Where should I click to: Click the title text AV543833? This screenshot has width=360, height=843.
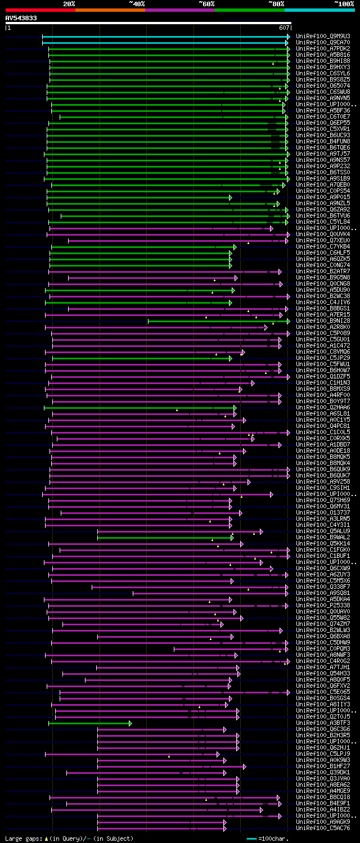21,18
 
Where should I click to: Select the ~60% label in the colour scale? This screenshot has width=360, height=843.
206,3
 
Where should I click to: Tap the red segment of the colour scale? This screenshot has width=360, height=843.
40,10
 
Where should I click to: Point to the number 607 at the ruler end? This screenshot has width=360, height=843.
284,27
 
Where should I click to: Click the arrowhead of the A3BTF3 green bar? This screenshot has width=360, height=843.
130,723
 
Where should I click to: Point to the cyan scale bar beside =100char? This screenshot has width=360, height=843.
251,839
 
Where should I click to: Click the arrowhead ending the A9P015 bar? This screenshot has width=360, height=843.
231,197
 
